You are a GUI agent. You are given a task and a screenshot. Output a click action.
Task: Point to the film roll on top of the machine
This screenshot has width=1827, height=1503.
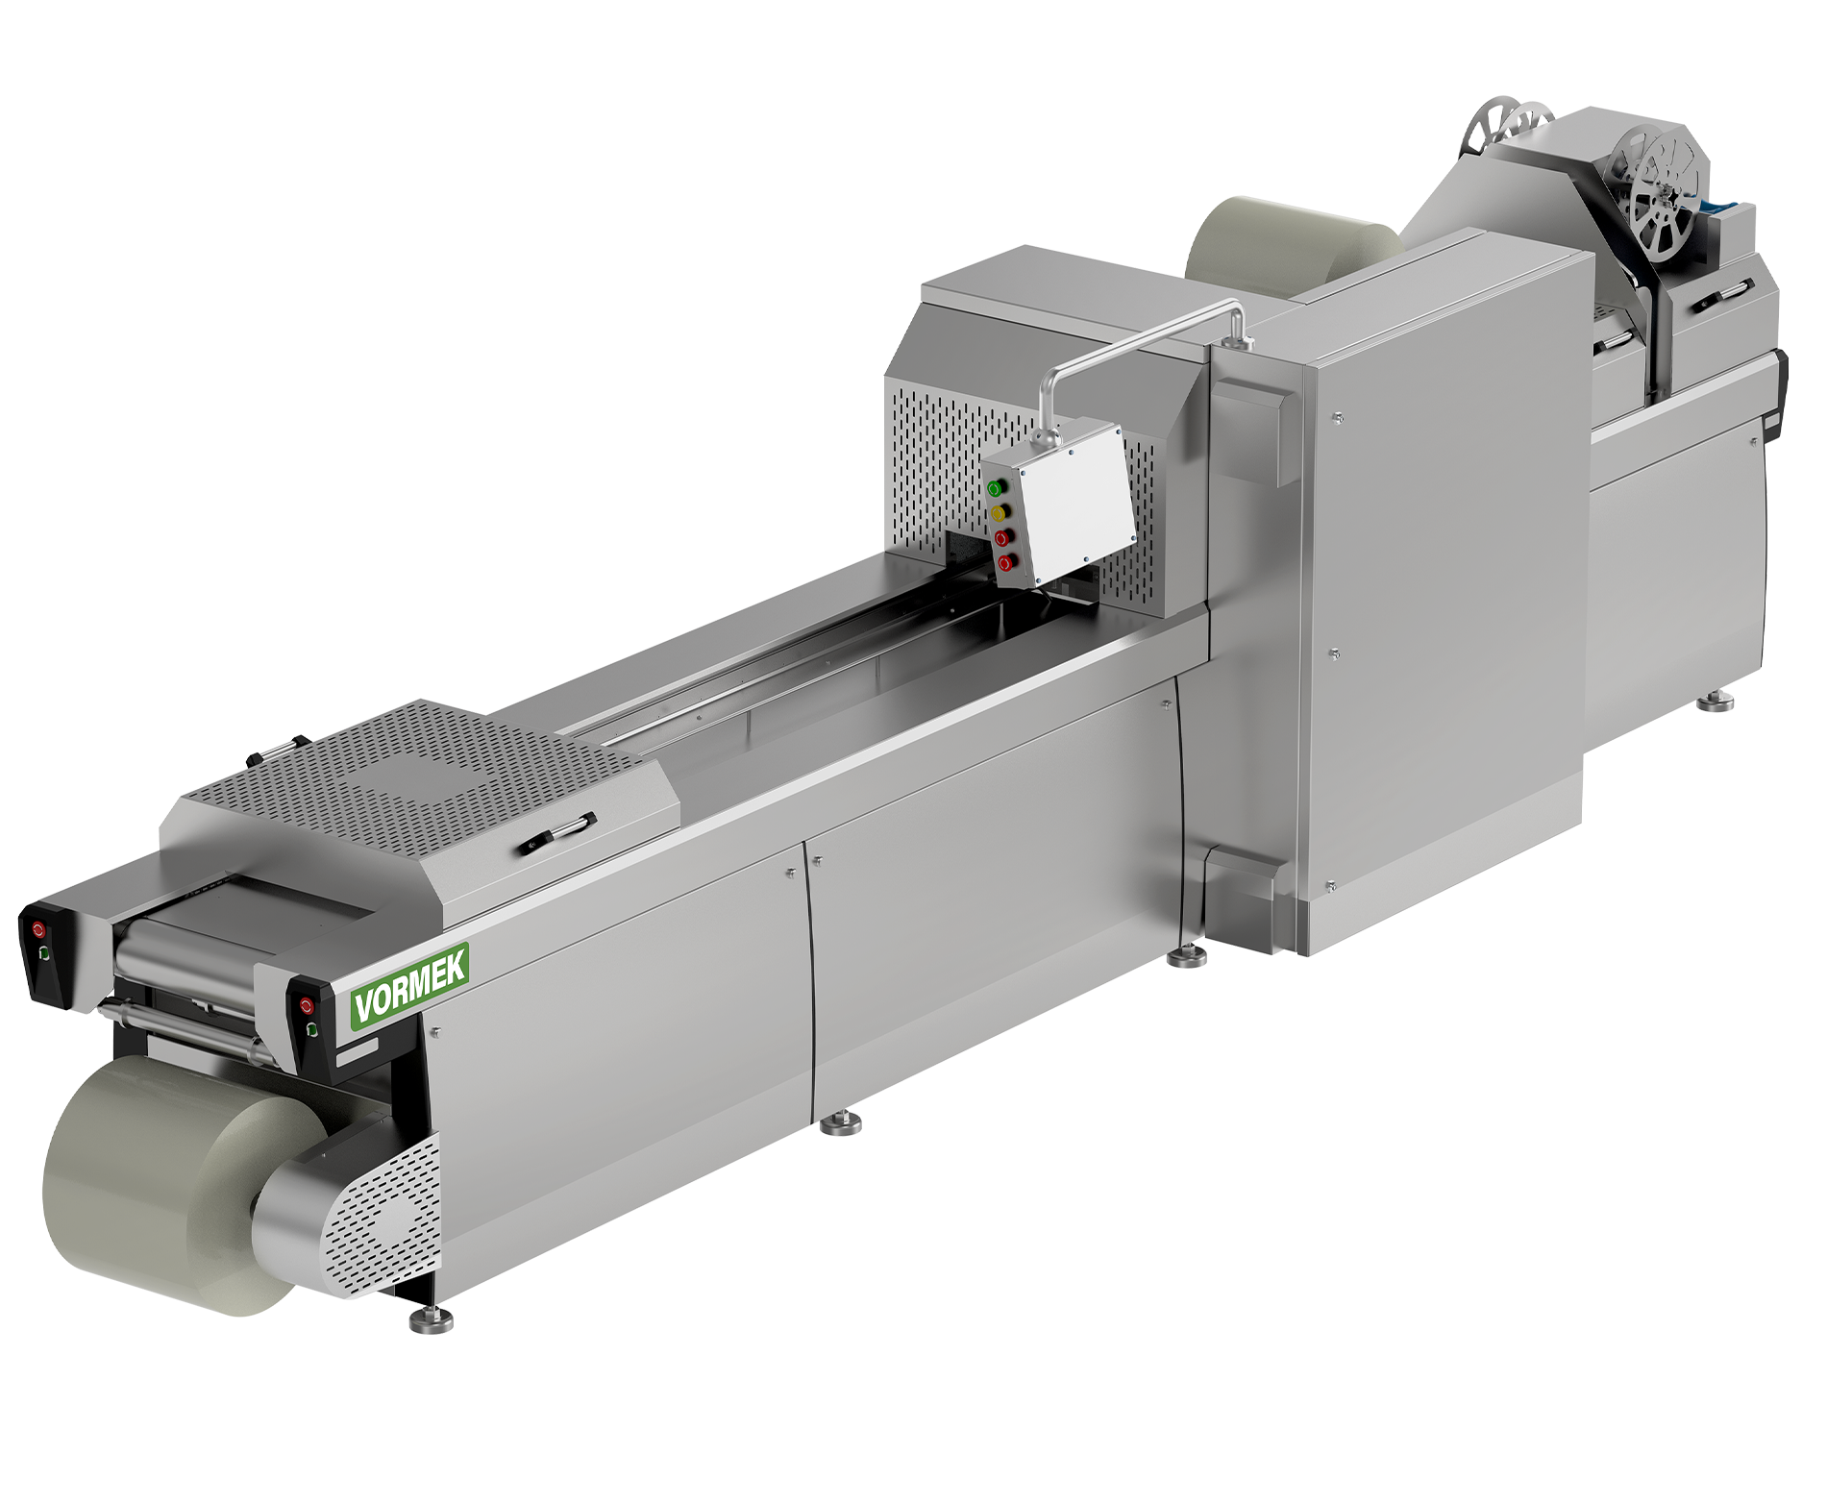[1288, 245]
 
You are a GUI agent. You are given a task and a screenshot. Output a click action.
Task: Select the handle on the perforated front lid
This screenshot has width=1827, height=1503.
[556, 832]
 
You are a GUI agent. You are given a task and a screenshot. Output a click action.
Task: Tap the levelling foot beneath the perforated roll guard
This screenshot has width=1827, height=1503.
[432, 1319]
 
